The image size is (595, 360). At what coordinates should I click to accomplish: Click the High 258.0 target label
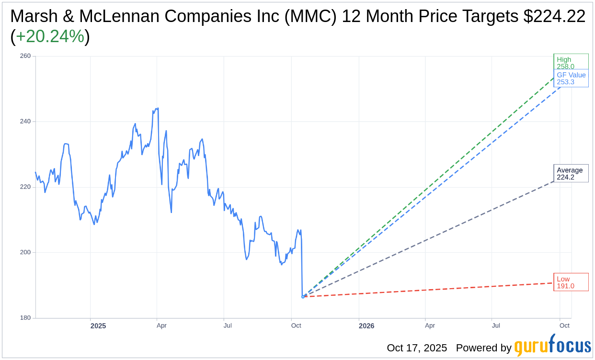(571, 62)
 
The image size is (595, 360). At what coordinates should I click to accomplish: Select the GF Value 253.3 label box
(571, 78)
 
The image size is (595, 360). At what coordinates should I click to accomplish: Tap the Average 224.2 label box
(571, 173)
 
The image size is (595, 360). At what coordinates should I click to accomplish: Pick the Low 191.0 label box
(571, 282)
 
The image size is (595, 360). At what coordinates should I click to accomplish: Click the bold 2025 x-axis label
(98, 326)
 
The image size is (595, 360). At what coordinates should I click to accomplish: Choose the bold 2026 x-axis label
(366, 326)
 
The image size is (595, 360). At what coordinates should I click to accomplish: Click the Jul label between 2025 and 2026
(228, 326)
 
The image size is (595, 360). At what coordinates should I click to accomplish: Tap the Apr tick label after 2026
(430, 326)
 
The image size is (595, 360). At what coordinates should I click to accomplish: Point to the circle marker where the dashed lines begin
(303, 297)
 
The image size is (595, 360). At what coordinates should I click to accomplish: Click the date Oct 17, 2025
(417, 348)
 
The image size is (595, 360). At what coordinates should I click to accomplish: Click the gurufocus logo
(552, 347)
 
